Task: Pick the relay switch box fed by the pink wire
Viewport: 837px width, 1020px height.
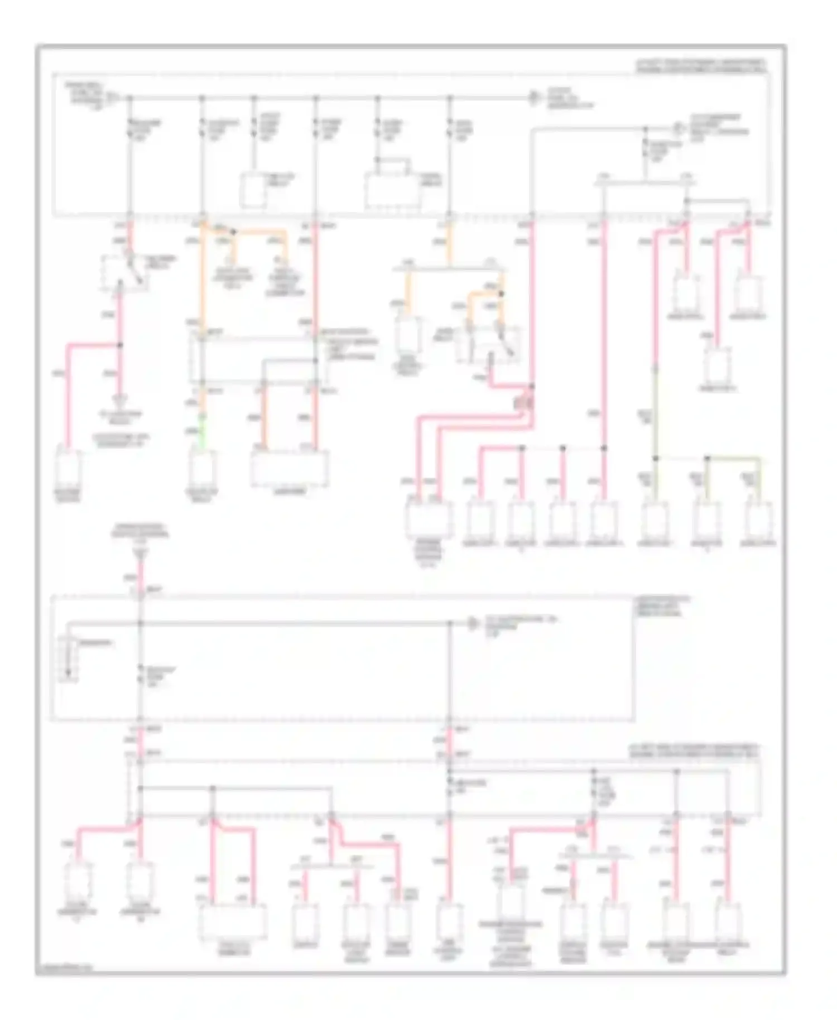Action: [x=124, y=273]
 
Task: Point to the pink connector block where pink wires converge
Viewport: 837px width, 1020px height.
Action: [x=523, y=401]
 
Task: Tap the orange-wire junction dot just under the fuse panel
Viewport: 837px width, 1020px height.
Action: [x=234, y=231]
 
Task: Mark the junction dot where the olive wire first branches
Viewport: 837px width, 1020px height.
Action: [x=656, y=459]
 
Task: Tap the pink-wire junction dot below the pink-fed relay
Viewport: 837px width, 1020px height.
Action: [x=119, y=345]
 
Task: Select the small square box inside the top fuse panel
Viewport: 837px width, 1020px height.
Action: [x=253, y=191]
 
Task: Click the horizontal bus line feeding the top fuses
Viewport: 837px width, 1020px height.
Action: [x=324, y=98]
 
